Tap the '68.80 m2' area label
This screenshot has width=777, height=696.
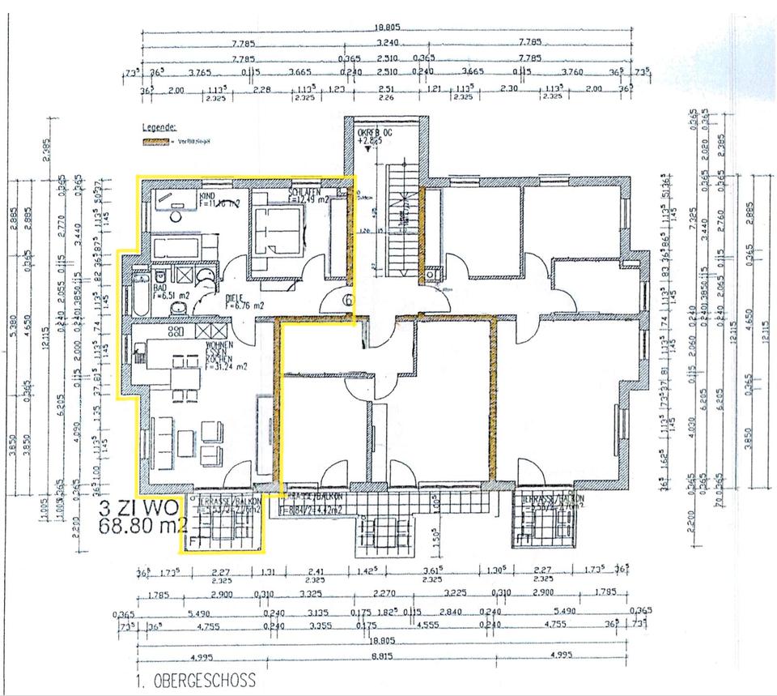point(143,525)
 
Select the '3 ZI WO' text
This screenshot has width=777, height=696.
point(138,510)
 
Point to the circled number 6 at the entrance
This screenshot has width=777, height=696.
point(346,300)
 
